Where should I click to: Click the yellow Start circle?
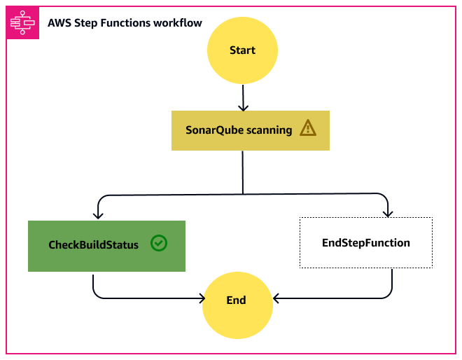click(x=242, y=50)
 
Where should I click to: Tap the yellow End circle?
click(x=237, y=300)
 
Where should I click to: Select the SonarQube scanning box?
click(x=250, y=130)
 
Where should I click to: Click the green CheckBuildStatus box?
click(x=106, y=246)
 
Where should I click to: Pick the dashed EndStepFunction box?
click(x=365, y=242)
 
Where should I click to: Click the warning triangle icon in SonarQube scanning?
click(x=308, y=128)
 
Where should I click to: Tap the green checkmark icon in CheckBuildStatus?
click(x=159, y=243)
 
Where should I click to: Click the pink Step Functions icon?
click(x=22, y=24)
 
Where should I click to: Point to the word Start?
click(x=242, y=50)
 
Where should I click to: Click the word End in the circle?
click(x=237, y=300)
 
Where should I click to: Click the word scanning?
click(x=270, y=130)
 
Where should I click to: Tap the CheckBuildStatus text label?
click(x=93, y=244)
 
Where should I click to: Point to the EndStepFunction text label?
click(x=365, y=242)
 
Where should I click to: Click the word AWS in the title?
click(x=59, y=23)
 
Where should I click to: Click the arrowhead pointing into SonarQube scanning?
click(x=243, y=106)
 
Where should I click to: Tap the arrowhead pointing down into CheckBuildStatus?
click(x=98, y=216)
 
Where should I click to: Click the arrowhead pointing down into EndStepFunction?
click(x=387, y=212)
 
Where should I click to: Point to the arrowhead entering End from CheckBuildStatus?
click(x=198, y=299)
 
